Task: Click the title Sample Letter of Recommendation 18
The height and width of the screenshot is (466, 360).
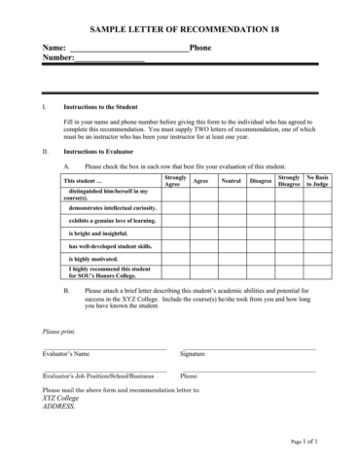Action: pos(180,30)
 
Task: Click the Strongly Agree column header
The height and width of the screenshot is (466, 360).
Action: pos(176,181)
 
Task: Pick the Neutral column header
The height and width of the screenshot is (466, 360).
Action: pos(232,181)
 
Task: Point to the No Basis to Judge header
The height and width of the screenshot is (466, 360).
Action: pos(317,181)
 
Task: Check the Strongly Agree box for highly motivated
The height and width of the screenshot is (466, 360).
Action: pos(176,259)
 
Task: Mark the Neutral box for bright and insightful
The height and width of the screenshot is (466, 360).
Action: pos(232,233)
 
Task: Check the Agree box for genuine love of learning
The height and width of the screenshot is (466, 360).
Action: pos(201,221)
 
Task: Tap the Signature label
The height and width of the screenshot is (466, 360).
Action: pos(192,354)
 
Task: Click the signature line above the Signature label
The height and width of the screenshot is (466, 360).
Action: pos(247,347)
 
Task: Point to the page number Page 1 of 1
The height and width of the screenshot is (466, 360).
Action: pos(310,441)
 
